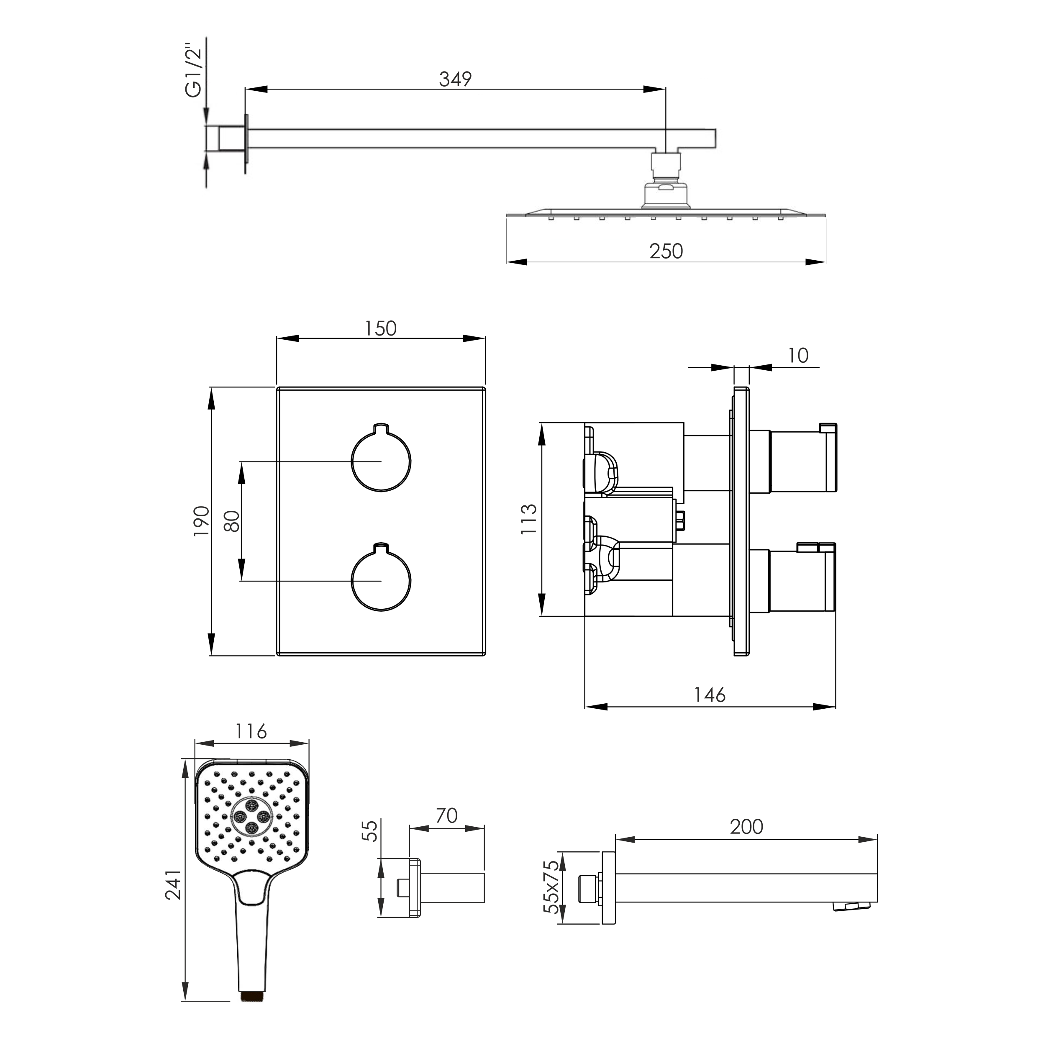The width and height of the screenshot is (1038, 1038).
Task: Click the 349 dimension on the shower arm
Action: (455, 79)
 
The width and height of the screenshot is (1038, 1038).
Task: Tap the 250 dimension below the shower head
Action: (666, 251)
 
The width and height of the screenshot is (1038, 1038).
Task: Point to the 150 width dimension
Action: (380, 328)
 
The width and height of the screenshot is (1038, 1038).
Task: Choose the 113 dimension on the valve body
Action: (529, 518)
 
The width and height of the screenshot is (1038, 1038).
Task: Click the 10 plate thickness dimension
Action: (798, 355)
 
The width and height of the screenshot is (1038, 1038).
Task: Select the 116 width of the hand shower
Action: (251, 731)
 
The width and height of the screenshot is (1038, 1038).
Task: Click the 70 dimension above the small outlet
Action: (446, 815)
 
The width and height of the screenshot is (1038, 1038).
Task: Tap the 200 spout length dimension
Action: (746, 826)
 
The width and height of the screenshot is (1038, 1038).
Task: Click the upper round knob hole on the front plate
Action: (381, 460)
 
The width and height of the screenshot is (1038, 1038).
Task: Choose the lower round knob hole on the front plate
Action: (381, 579)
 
